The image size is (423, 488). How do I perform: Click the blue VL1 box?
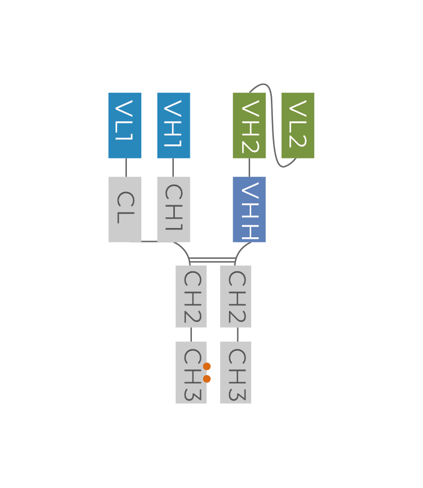125,125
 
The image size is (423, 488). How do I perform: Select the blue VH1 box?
174,125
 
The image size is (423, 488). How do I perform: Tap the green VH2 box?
249,125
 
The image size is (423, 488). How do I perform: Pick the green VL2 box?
298,125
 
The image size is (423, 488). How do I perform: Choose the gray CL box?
125,209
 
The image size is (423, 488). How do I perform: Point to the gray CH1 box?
174,209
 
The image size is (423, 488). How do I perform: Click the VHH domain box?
249,209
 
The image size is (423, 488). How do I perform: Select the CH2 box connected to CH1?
191,296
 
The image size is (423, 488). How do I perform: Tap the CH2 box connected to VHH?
235,296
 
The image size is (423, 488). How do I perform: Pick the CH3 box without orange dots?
235,372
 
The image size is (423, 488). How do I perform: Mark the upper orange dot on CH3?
207,366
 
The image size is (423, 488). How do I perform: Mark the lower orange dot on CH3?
207,379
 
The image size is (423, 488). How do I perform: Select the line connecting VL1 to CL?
126,167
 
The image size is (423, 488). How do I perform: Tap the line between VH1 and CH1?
173,167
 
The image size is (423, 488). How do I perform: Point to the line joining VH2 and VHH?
249,167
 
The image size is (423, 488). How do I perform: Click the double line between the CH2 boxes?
213,260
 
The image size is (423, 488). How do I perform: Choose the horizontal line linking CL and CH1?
149,241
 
